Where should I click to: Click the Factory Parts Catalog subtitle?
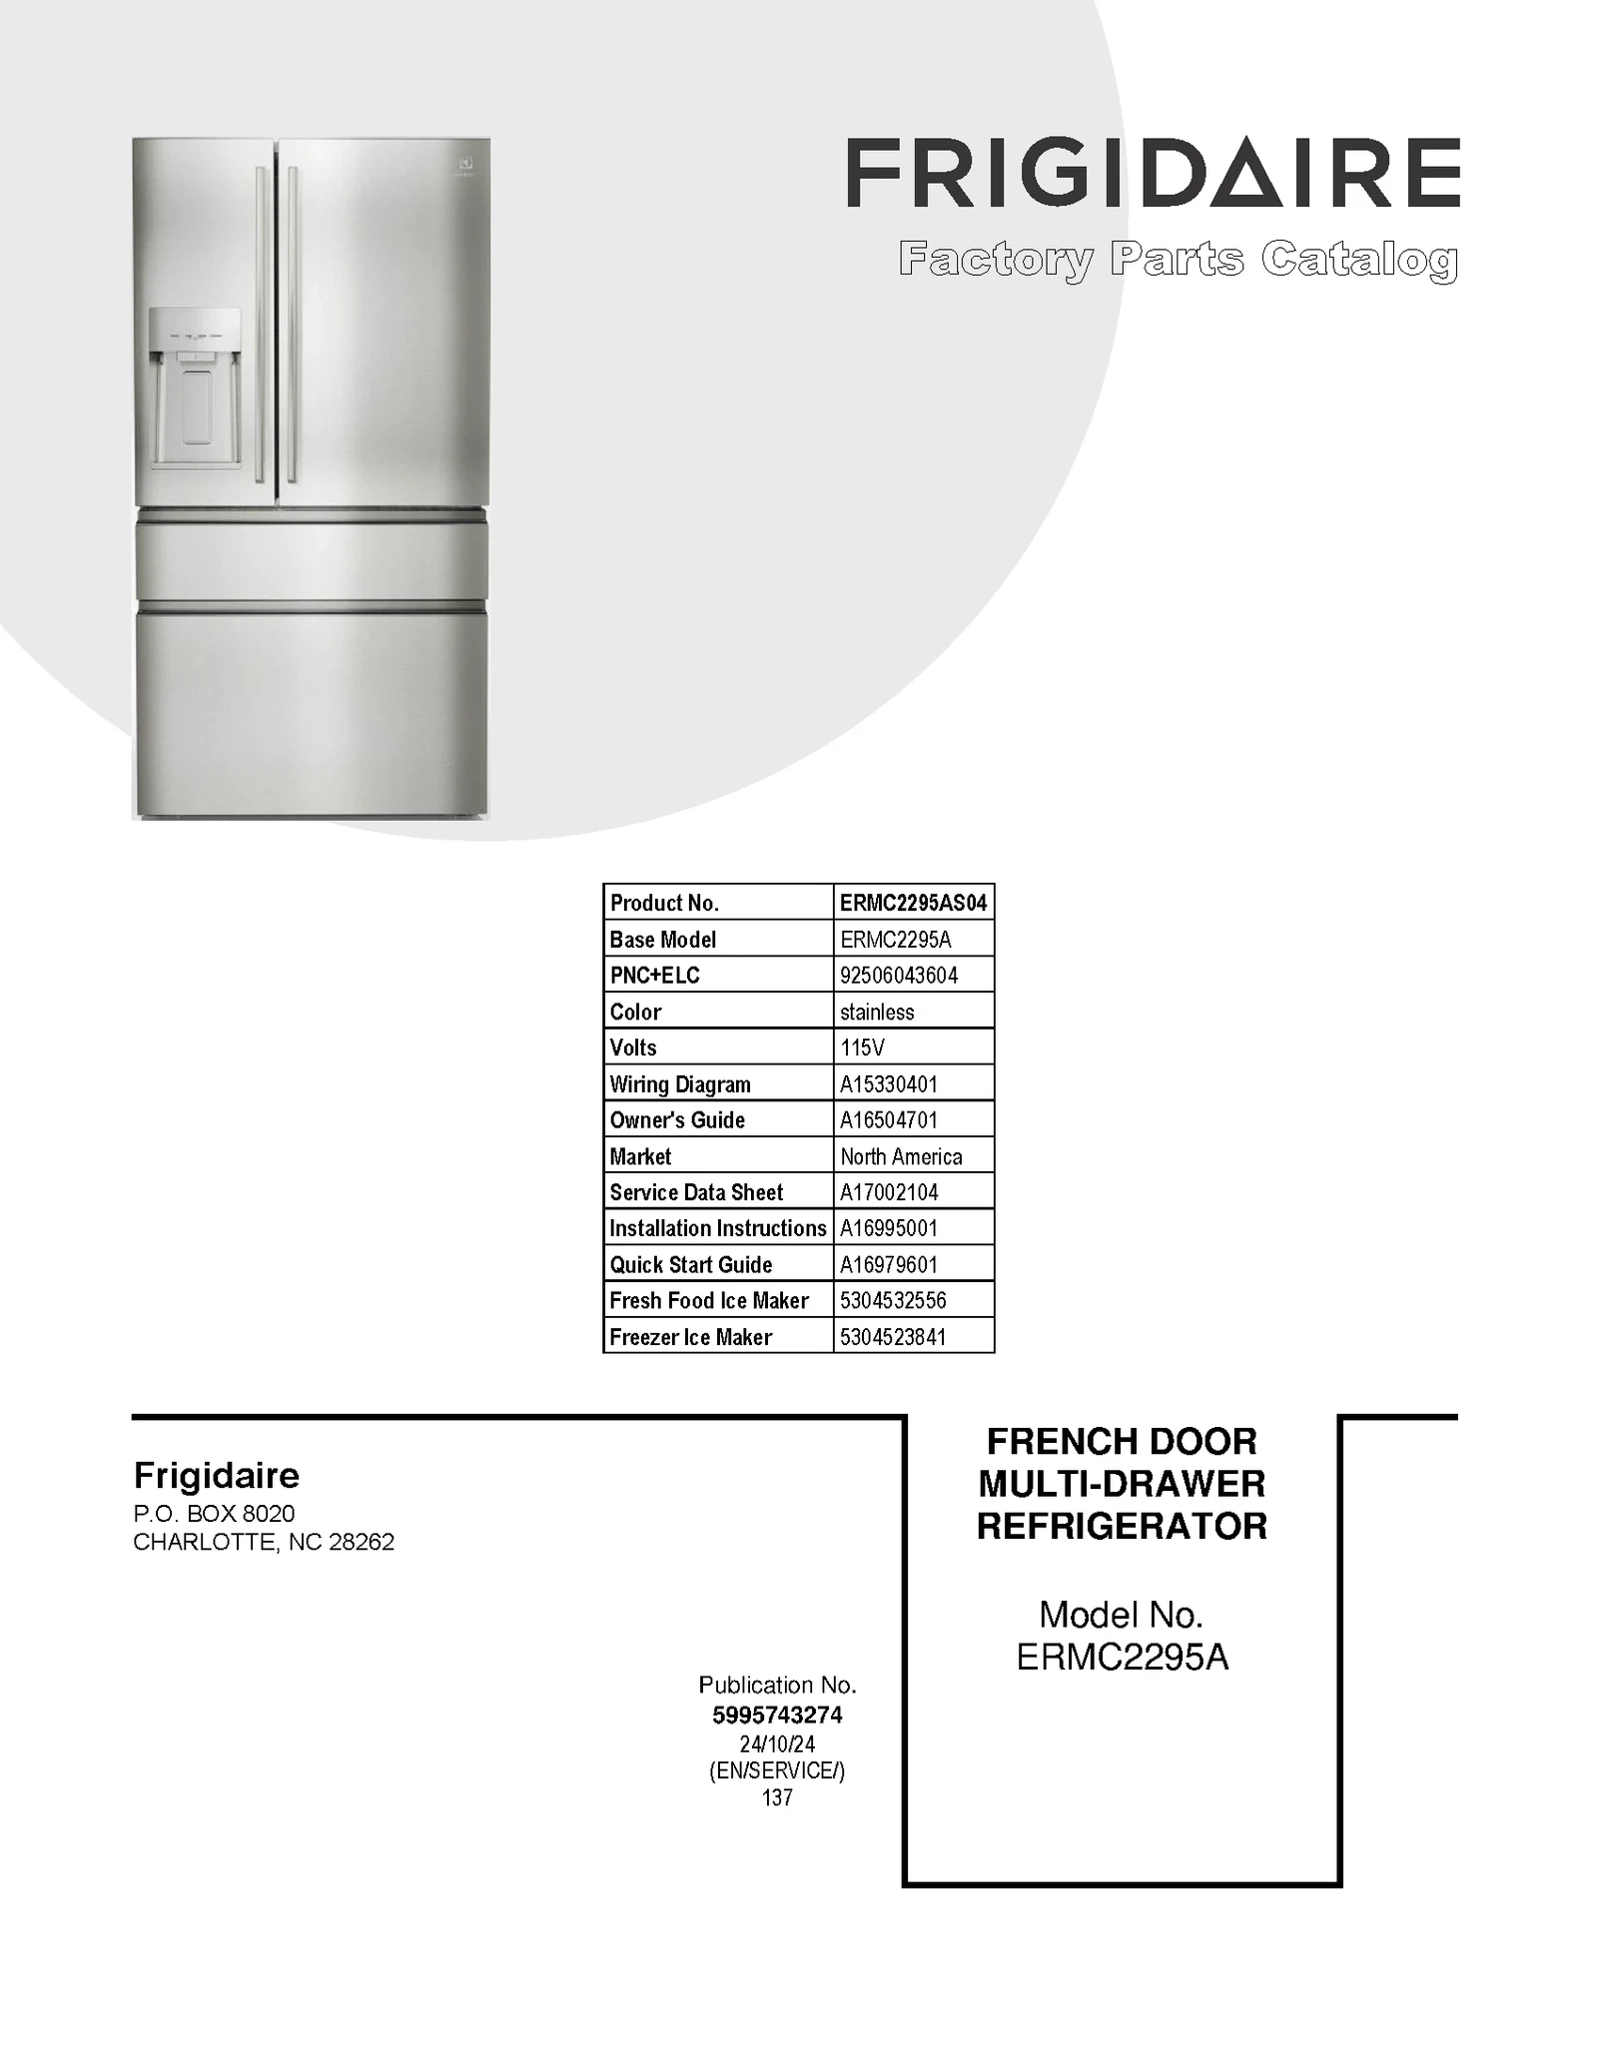coord(1178,260)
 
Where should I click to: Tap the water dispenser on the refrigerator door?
coord(195,389)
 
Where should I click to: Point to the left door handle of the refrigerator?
coord(261,325)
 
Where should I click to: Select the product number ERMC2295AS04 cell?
coord(913,903)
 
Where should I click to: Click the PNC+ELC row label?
coord(655,976)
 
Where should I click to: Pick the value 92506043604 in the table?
coord(899,976)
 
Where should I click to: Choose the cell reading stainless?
coord(877,1012)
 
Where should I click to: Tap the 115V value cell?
coord(862,1047)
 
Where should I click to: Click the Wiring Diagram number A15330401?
coord(889,1083)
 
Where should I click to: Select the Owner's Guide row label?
coord(677,1120)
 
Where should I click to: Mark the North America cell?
coord(901,1156)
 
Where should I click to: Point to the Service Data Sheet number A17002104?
coord(889,1192)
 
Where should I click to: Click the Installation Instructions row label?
coord(718,1228)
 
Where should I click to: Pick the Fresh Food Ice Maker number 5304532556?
coord(893,1300)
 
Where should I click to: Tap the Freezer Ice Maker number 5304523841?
coord(893,1337)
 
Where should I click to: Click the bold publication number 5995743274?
coord(777,1715)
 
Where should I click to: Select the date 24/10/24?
coord(777,1743)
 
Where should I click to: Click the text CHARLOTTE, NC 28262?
coord(264,1542)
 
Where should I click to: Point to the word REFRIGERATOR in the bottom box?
coord(1122,1526)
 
